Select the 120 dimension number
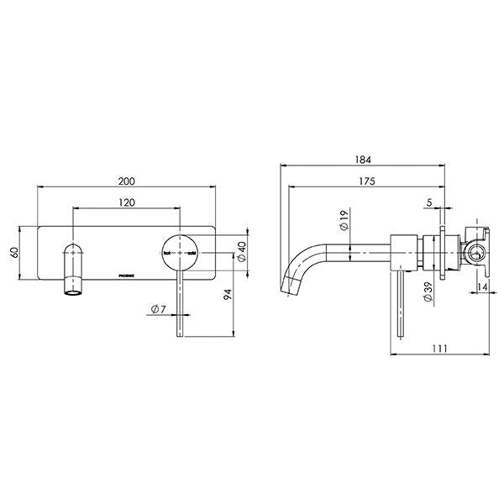(127, 202)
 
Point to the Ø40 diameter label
(242, 252)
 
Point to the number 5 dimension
(428, 202)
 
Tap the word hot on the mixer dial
(167, 252)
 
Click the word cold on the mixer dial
(192, 252)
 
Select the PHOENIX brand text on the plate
(127, 274)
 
